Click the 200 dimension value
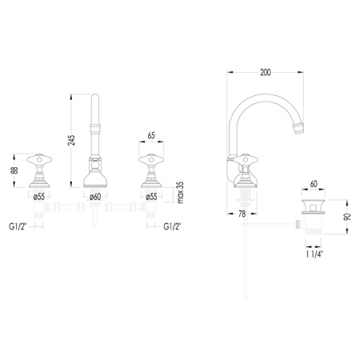pyautogui.click(x=266, y=72)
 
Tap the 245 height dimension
pyautogui.click(x=71, y=140)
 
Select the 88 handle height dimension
pyautogui.click(x=14, y=170)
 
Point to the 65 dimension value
pyautogui.click(x=151, y=135)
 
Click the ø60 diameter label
pyautogui.click(x=95, y=197)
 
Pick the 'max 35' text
pyautogui.click(x=181, y=193)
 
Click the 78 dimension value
pyautogui.click(x=242, y=214)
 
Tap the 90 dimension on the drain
pyautogui.click(x=347, y=217)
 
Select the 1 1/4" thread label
pyautogui.click(x=314, y=254)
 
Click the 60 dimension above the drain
pyautogui.click(x=314, y=184)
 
